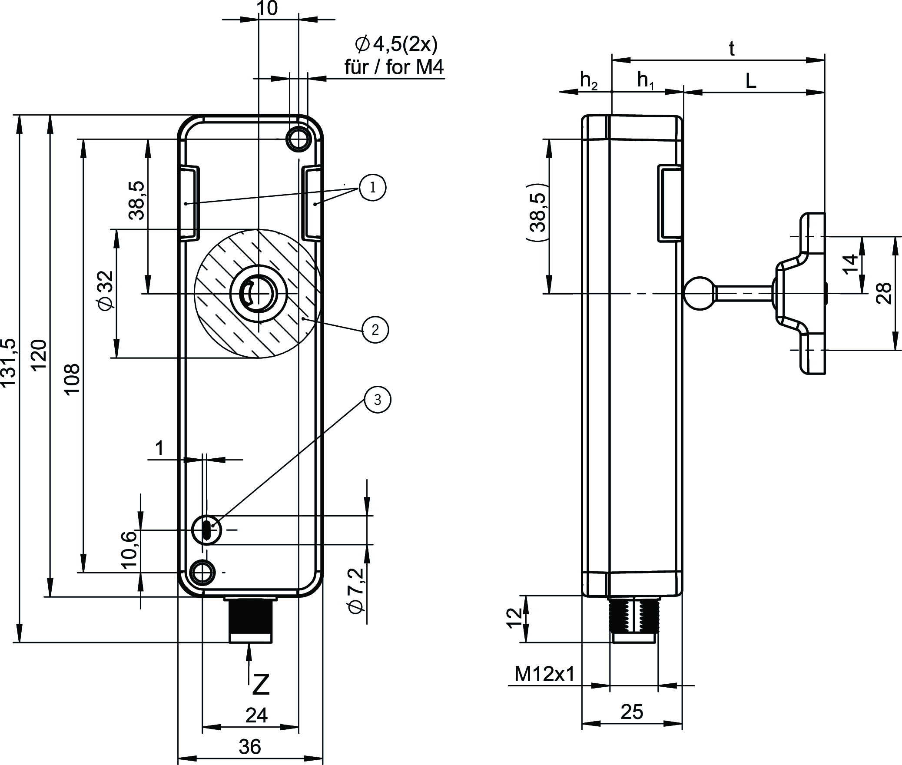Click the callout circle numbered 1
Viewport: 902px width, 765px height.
click(373, 188)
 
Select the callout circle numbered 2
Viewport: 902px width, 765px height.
click(375, 330)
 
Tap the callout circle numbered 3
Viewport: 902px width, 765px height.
click(377, 400)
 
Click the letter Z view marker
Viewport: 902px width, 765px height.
click(261, 685)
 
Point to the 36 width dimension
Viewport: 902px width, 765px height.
click(250, 747)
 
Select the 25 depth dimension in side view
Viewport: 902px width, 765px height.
click(632, 712)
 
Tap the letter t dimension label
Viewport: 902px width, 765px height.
click(732, 50)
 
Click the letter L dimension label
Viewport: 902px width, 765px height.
click(750, 81)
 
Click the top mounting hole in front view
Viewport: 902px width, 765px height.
click(298, 139)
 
